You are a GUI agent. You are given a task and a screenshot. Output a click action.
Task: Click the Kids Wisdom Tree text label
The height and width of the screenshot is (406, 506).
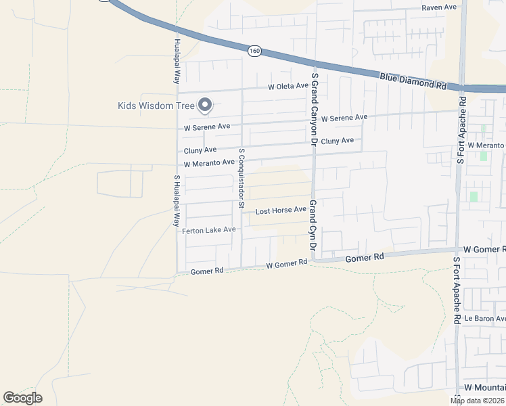pyautogui.click(x=156, y=106)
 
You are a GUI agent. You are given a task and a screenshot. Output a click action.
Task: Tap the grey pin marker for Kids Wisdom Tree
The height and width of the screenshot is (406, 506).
pyautogui.click(x=205, y=105)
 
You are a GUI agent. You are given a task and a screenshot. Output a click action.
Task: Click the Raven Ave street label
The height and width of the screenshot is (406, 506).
pyautogui.click(x=439, y=7)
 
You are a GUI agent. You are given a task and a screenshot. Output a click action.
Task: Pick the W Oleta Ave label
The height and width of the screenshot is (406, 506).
pyautogui.click(x=287, y=87)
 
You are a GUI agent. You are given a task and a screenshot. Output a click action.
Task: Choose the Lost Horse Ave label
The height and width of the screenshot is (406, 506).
pyautogui.click(x=281, y=210)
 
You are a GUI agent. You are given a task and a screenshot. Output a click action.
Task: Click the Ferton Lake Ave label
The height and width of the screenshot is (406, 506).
pyautogui.click(x=208, y=230)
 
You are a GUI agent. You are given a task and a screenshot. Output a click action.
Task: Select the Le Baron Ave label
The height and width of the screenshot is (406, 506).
pyautogui.click(x=485, y=318)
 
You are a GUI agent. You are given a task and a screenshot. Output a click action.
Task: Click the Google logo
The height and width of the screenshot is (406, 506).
pyautogui.click(x=22, y=398)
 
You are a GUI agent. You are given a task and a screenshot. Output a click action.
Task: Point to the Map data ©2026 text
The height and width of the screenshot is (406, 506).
pyautogui.click(x=477, y=401)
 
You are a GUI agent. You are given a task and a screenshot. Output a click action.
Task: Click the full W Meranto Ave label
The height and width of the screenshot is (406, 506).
pyautogui.click(x=209, y=163)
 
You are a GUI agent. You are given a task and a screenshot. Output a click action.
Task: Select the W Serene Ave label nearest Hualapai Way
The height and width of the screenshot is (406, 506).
pyautogui.click(x=207, y=127)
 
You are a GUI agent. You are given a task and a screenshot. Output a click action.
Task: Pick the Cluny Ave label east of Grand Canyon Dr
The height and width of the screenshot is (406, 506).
pyautogui.click(x=337, y=141)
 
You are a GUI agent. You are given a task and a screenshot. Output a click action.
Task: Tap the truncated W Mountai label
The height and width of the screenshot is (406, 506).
pyautogui.click(x=484, y=388)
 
